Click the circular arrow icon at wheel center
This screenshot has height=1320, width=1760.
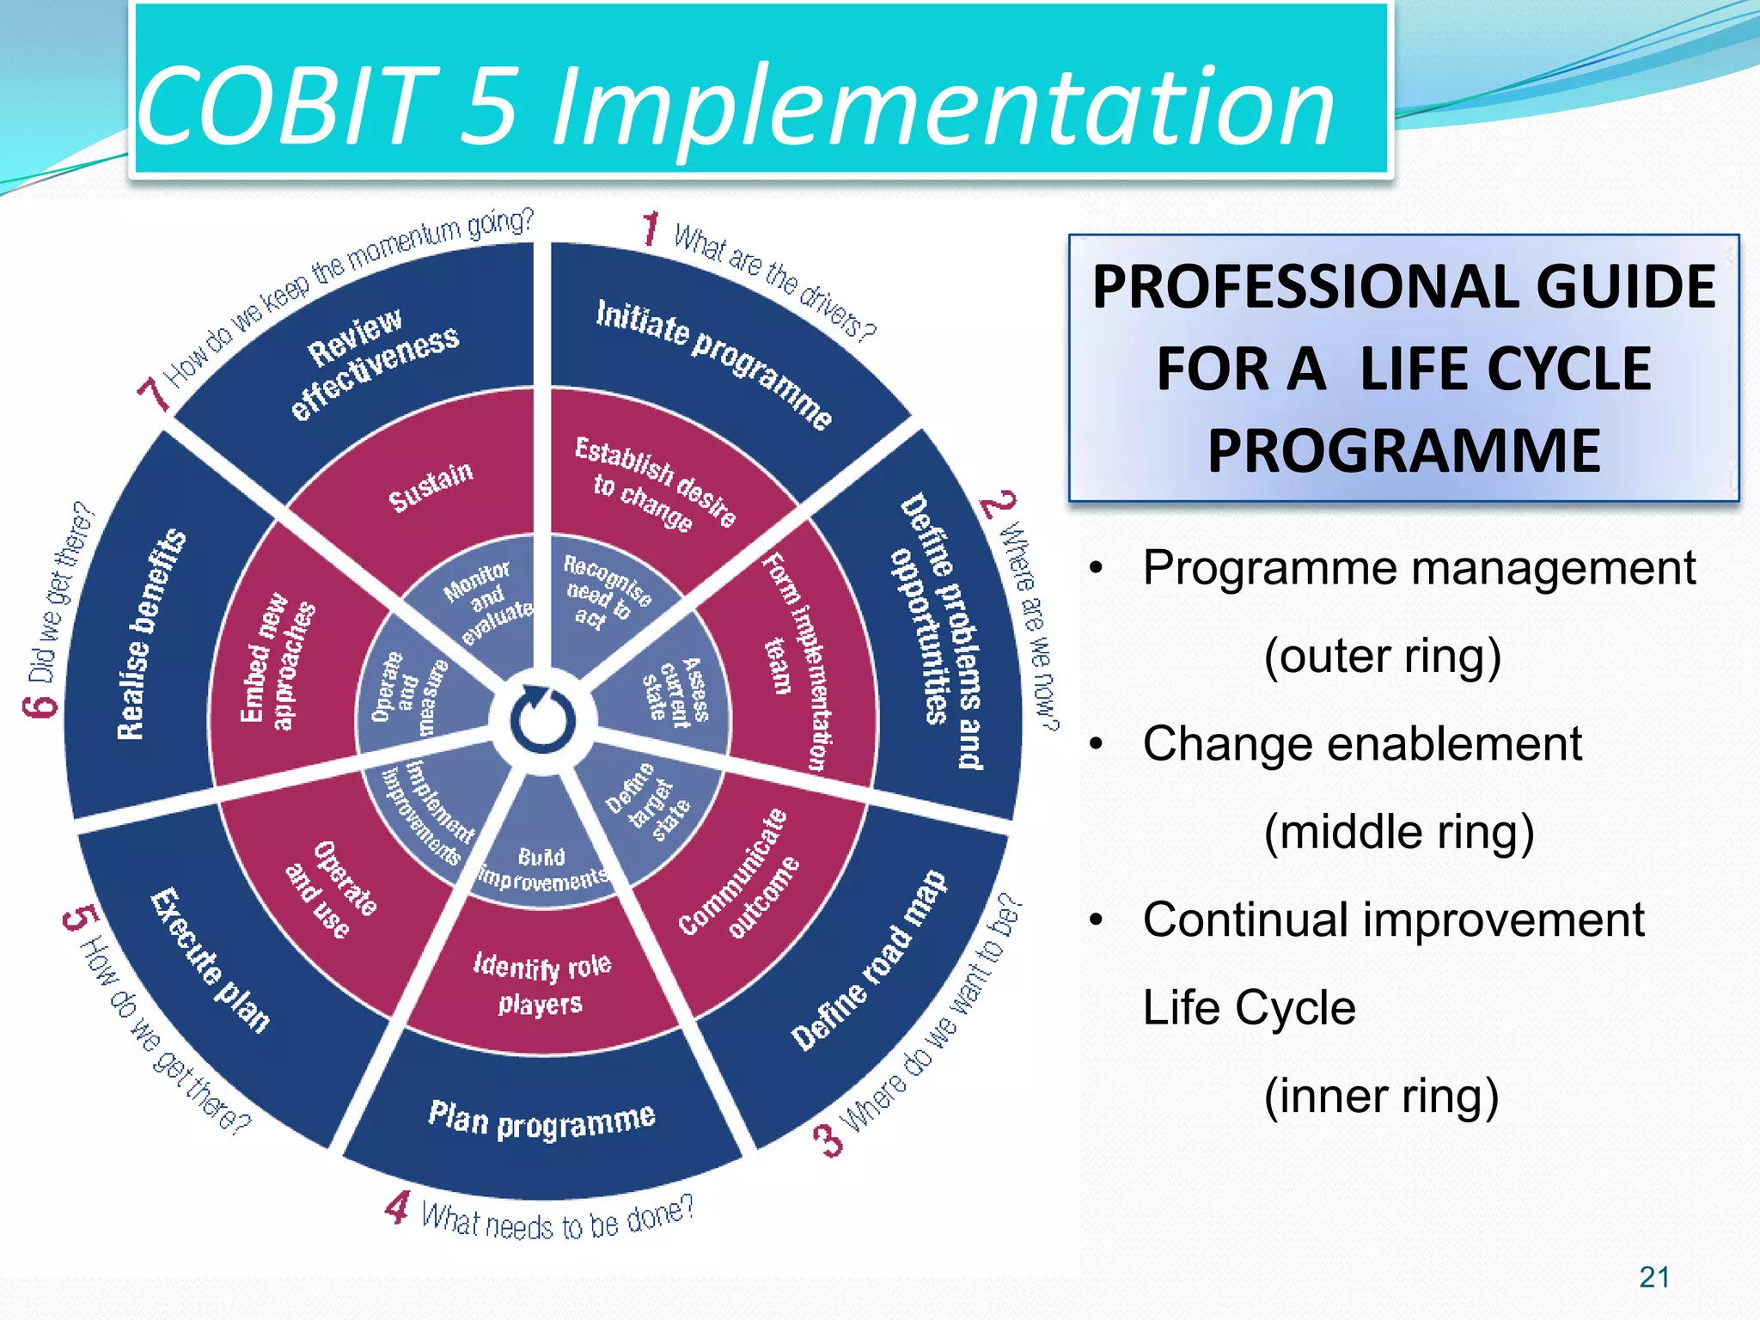click(x=542, y=720)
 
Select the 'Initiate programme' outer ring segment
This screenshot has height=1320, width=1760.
click(x=713, y=362)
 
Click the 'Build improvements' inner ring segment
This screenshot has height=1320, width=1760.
click(x=542, y=868)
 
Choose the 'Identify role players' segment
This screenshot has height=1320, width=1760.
click(x=541, y=984)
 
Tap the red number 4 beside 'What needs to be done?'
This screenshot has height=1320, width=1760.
click(x=397, y=1207)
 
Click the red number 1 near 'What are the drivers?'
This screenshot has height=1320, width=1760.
click(x=651, y=229)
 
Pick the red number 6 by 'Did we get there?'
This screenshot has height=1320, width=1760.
click(x=40, y=706)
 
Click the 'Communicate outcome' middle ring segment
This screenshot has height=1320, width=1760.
click(x=739, y=873)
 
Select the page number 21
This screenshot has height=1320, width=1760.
click(x=1653, y=1277)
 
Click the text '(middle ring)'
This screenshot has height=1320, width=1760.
click(x=1398, y=831)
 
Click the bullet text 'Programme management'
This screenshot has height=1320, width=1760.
click(x=1418, y=568)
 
